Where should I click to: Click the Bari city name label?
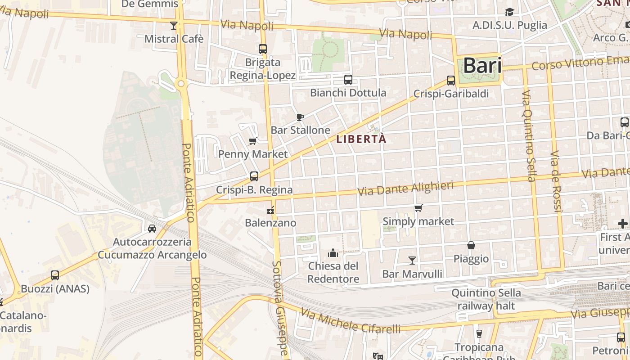click(x=482, y=66)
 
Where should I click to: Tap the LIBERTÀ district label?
click(x=361, y=139)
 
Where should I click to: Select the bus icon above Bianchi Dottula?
click(x=348, y=80)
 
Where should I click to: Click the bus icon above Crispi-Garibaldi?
click(x=451, y=81)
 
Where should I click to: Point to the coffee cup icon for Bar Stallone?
click(x=300, y=117)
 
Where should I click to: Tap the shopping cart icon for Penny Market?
click(x=253, y=141)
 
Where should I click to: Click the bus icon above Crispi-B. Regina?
click(x=254, y=176)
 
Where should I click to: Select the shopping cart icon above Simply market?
click(x=418, y=208)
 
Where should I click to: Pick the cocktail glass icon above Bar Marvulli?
click(x=412, y=260)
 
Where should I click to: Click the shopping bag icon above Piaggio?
click(x=471, y=245)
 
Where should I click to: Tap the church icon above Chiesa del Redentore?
click(x=333, y=253)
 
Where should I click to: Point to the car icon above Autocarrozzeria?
click(x=152, y=229)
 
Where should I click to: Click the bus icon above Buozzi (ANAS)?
click(x=55, y=275)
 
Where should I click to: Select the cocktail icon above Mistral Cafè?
click(x=174, y=26)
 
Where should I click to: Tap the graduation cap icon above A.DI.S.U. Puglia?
click(x=509, y=12)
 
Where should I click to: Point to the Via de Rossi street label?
click(x=556, y=181)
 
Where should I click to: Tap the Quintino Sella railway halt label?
click(x=486, y=299)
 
